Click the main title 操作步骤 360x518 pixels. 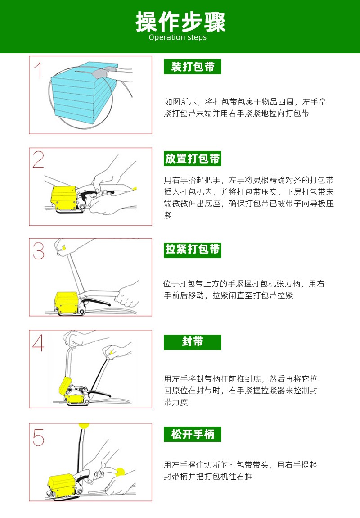(x=180, y=22)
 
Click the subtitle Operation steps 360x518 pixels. (x=178, y=37)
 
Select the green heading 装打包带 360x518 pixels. (x=192, y=67)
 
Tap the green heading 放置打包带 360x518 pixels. (x=192, y=159)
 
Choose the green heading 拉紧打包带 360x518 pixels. (x=192, y=250)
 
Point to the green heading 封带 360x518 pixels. (x=192, y=342)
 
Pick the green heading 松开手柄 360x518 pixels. (x=192, y=434)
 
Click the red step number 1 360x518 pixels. (x=39, y=70)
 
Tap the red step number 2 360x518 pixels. (x=39, y=159)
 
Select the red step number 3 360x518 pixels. (x=39, y=251)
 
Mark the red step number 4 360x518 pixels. (x=38, y=343)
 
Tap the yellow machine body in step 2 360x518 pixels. (x=64, y=198)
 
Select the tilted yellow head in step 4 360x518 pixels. (x=65, y=384)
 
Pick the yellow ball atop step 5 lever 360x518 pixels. (x=84, y=426)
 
